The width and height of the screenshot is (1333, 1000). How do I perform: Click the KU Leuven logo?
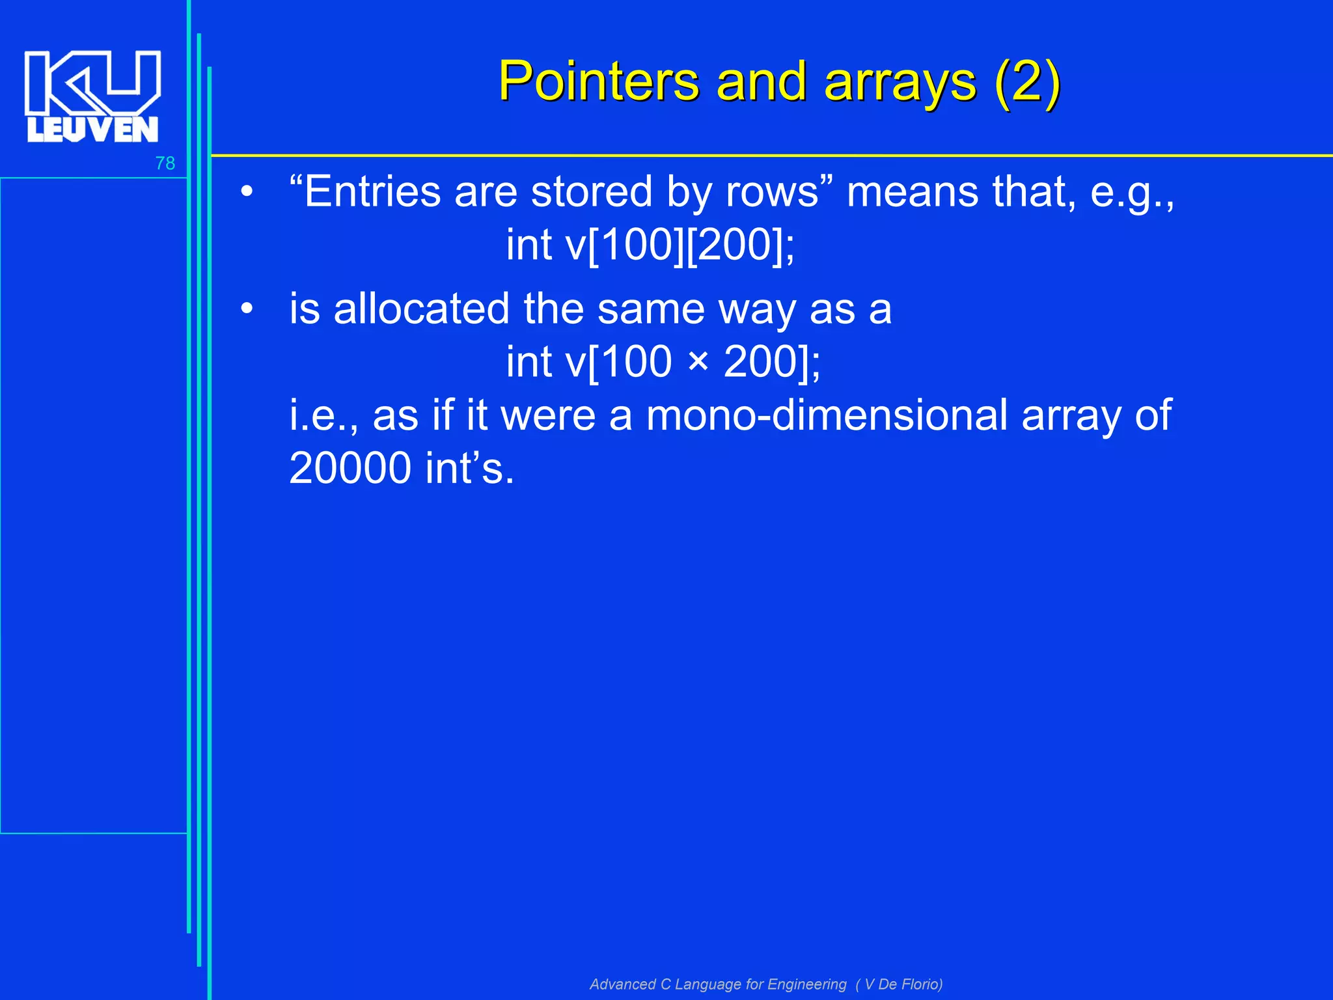coord(92,96)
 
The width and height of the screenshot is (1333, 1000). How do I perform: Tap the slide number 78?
coord(165,163)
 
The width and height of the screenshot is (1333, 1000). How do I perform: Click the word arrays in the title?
coord(900,83)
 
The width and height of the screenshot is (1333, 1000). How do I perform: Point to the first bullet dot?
coord(246,193)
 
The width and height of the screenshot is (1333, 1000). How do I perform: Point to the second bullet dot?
coord(246,309)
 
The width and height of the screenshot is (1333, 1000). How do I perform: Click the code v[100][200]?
coord(680,245)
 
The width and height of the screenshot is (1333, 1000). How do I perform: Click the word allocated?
coord(421,309)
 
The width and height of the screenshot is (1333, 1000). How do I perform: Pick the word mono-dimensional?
coord(827,415)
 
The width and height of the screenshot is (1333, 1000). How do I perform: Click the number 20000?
coord(350,468)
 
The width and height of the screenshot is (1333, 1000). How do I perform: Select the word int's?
coord(469,468)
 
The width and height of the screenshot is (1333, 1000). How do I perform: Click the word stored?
coord(592,192)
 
